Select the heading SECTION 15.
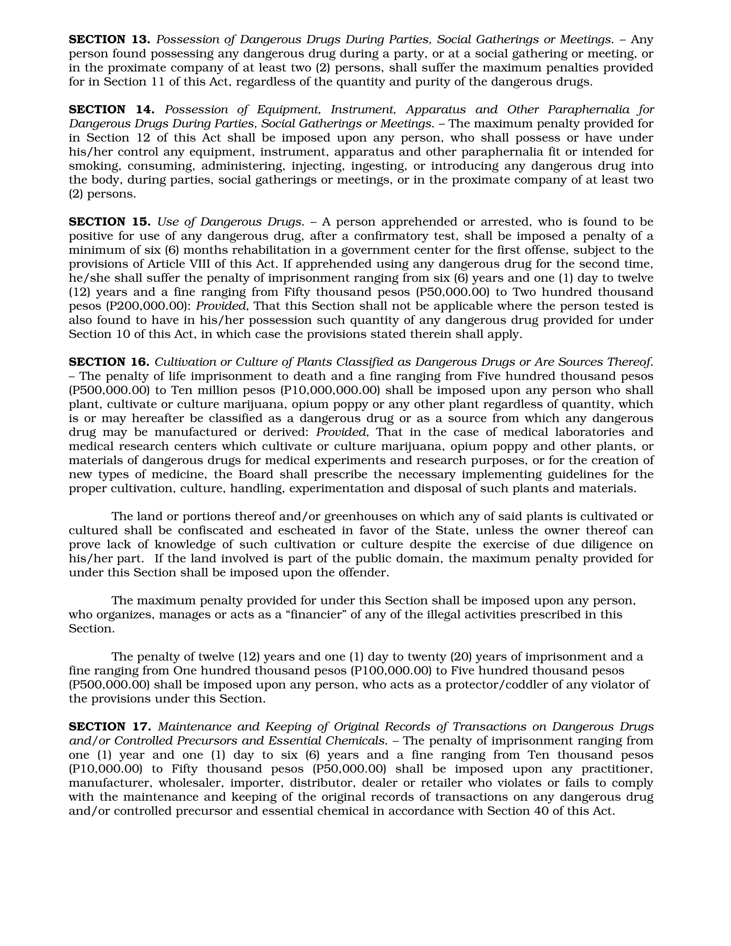click(x=109, y=222)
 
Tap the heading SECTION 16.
click(x=109, y=362)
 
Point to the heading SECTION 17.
click(x=109, y=727)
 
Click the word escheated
click(x=307, y=530)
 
